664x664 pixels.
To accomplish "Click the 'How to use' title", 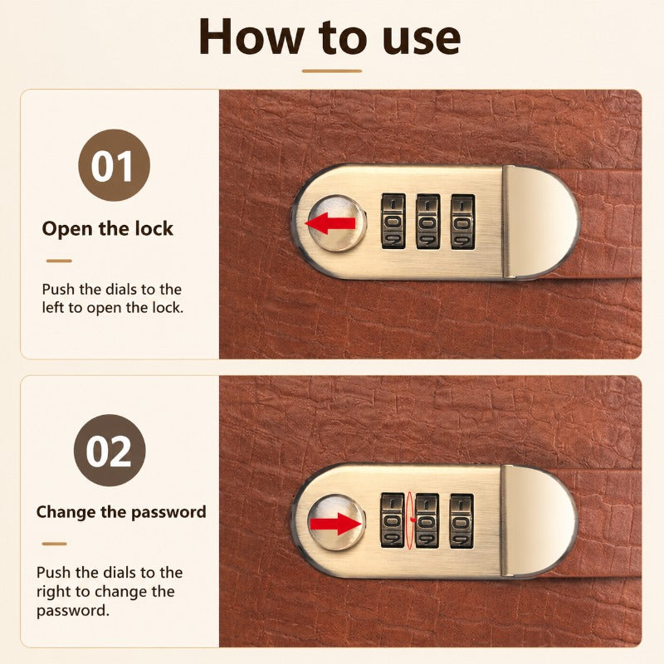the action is point(330,37).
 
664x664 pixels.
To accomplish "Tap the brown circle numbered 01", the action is point(115,165).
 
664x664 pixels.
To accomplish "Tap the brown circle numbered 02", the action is point(110,450).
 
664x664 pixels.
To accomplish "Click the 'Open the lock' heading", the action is point(108,229).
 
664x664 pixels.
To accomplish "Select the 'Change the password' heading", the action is point(121,512).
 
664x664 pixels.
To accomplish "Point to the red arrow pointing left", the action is point(330,223).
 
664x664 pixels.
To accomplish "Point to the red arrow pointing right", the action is point(335,524).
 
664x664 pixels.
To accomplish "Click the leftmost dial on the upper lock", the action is point(393,222).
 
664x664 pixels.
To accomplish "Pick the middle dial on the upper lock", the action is point(428,222).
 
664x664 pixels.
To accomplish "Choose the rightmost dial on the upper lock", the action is point(462,222).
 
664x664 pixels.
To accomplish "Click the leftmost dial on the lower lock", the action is point(393,520).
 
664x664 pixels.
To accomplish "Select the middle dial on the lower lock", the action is point(427,520).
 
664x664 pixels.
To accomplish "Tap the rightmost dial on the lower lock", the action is point(461,520).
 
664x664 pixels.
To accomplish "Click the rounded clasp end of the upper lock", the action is point(540,222).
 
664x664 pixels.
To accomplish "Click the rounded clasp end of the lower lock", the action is point(539,520).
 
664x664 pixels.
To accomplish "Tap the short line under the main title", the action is point(331,71).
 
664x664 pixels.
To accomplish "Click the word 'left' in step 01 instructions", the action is point(52,307).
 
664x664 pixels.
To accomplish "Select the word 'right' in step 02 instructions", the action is point(55,592).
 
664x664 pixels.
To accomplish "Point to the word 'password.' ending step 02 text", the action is point(73,611).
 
